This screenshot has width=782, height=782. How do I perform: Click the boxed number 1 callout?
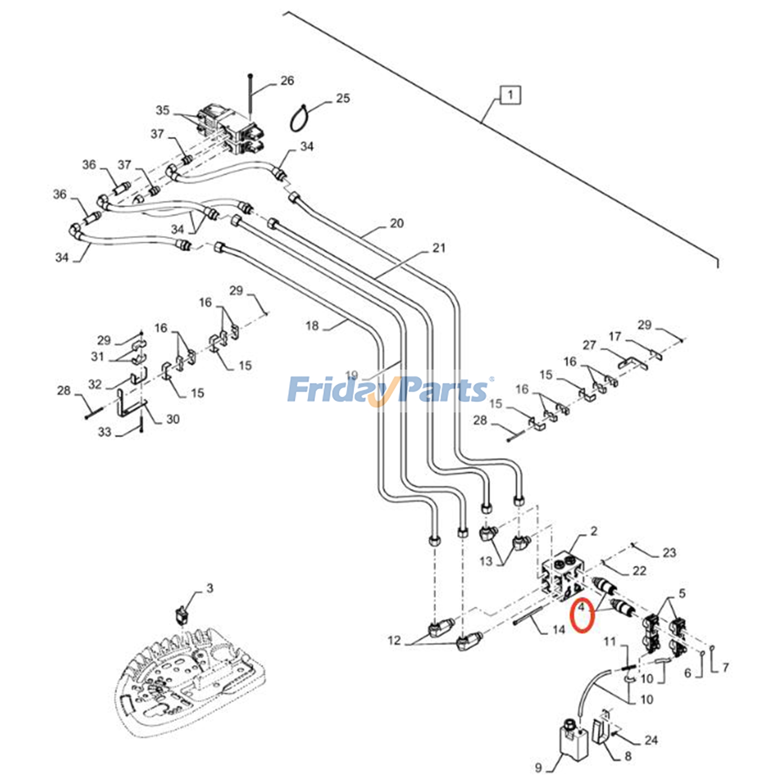coord(510,94)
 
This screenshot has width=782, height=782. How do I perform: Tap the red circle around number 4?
coord(583,615)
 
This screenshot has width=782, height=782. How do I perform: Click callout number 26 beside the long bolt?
coord(287,81)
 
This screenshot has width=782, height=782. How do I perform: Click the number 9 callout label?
coord(538,767)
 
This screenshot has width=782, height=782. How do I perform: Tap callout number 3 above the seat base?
coord(209,588)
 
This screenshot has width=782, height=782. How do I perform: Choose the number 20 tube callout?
coord(396,223)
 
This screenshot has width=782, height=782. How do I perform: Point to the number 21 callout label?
coord(439,248)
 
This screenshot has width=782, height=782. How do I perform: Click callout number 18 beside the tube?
coord(312,326)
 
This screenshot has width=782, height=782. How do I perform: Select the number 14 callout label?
coord(559,630)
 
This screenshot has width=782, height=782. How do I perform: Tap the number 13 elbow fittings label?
coord(486,561)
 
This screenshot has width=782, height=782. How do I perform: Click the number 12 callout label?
coord(394,640)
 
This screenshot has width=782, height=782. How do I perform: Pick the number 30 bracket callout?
coord(173,419)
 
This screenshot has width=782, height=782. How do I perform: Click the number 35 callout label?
coord(163,110)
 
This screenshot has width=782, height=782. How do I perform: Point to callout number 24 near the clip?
coord(651,740)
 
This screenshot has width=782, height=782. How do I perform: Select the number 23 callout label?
coord(669,553)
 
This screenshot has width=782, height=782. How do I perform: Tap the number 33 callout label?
coord(105,432)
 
